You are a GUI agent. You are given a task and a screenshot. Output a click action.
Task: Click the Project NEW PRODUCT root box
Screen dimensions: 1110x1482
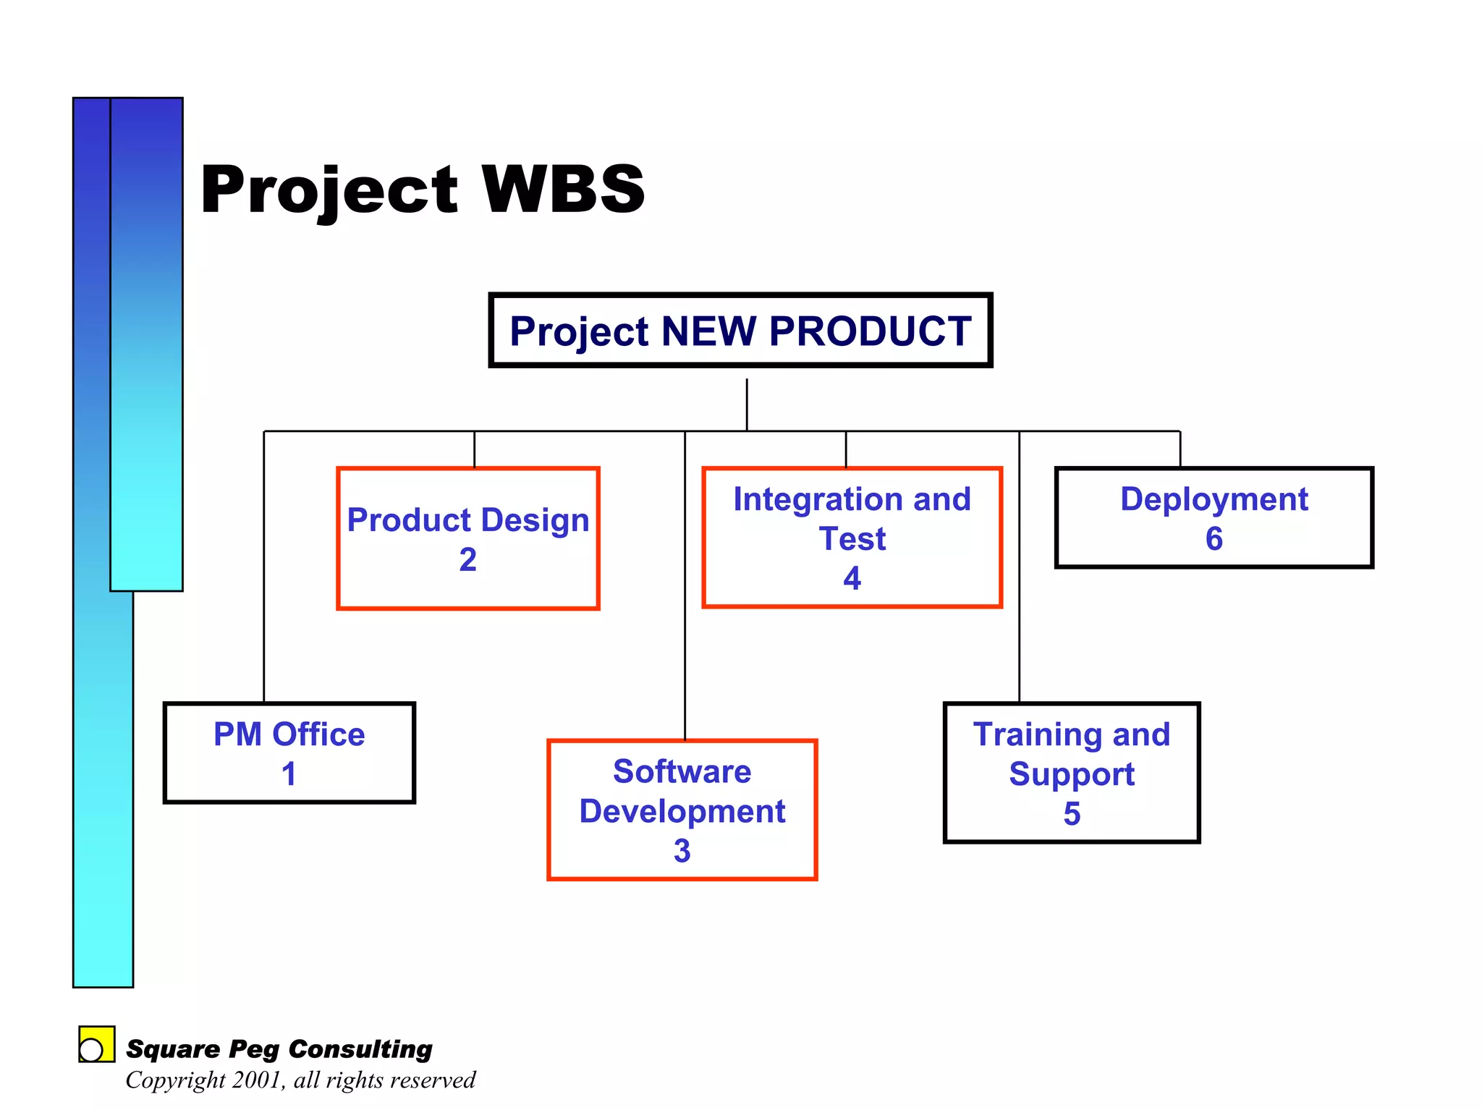tap(740, 331)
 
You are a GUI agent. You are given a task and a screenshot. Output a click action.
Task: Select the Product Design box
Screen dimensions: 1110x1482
tap(467, 538)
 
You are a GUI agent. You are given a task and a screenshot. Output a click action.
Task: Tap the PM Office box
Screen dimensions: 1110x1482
tap(289, 753)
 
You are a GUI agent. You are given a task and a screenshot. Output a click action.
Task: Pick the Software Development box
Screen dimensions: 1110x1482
tap(682, 810)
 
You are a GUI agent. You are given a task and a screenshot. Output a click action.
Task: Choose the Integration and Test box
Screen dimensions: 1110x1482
tap(852, 538)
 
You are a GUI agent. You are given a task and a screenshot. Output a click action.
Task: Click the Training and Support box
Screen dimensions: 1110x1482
tap(1071, 773)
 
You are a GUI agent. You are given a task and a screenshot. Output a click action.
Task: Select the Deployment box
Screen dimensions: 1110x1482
tap(1214, 517)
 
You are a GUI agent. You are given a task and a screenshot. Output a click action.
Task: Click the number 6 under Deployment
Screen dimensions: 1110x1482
tap(1214, 539)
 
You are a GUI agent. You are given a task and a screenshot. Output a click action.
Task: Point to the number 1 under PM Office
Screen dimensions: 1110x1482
tap(289, 774)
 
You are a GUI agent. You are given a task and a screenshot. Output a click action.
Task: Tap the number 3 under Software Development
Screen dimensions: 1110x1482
tap(682, 851)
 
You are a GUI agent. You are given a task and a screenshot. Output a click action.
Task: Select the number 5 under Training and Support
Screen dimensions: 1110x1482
tap(1072, 814)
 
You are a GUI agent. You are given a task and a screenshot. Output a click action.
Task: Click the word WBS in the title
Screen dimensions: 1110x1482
tap(563, 190)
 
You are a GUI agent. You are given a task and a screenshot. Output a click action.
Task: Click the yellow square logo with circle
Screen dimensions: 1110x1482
tap(96, 1044)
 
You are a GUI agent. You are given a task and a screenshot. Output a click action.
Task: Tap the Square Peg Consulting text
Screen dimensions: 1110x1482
tap(279, 1049)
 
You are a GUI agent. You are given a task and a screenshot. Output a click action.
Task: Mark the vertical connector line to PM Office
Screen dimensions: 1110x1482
tap(264, 564)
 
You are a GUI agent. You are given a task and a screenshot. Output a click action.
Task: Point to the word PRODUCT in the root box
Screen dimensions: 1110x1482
tap(870, 331)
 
